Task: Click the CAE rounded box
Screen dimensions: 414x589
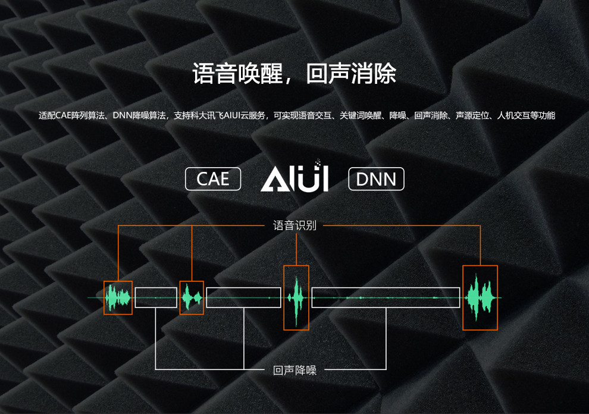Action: [212, 178]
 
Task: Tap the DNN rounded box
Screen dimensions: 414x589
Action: [376, 178]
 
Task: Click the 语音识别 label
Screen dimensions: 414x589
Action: [294, 225]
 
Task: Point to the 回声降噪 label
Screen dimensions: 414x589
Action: [294, 370]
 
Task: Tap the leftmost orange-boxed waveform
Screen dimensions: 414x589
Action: [118, 297]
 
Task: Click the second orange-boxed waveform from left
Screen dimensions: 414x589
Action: [192, 297]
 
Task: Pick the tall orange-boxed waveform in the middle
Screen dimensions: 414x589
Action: [296, 297]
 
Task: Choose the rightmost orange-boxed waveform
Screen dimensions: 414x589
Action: [480, 297]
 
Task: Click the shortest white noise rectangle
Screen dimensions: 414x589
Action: [156, 297]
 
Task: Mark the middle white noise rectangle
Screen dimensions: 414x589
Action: [243, 297]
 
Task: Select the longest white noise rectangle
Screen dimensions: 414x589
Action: [386, 297]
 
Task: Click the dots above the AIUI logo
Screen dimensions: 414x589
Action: [318, 161]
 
